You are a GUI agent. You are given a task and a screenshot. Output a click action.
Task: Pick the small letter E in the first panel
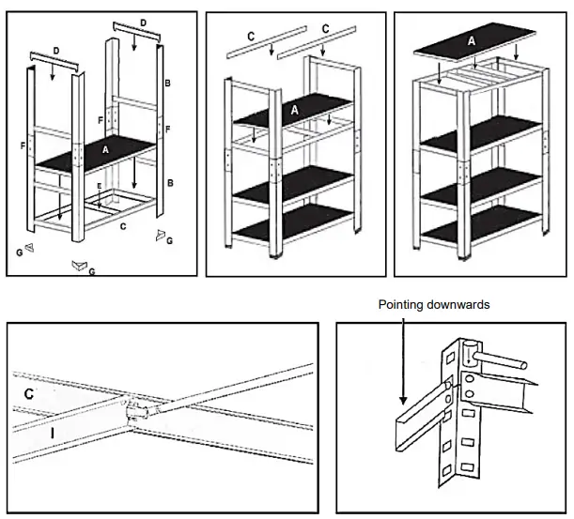99,186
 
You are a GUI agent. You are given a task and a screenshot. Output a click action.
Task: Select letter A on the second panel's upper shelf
294,109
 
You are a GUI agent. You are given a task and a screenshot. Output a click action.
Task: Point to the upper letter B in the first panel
166,84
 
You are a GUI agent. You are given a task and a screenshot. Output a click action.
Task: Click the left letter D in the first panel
55,48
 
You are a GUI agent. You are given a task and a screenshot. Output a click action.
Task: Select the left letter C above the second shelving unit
251,36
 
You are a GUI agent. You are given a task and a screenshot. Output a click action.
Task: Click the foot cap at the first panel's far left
28,248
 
